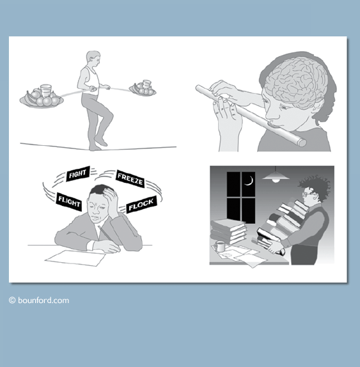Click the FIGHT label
pos(78,173)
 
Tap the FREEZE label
pos(130,178)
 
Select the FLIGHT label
pos(69,201)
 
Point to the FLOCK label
pos(141,205)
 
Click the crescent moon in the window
pos(250,181)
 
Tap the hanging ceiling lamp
pos(276,176)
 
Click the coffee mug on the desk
pos(219,246)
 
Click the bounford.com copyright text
pos(39,301)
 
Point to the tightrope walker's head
pos(93,59)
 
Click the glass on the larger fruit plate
pos(45,91)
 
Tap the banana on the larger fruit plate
pos(29,98)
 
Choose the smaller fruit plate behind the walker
pos(143,88)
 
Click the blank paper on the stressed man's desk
pos(75,258)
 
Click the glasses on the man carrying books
pos(308,194)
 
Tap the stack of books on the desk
pos(228,231)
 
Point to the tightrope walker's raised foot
pos(101,141)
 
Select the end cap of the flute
pos(302,143)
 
